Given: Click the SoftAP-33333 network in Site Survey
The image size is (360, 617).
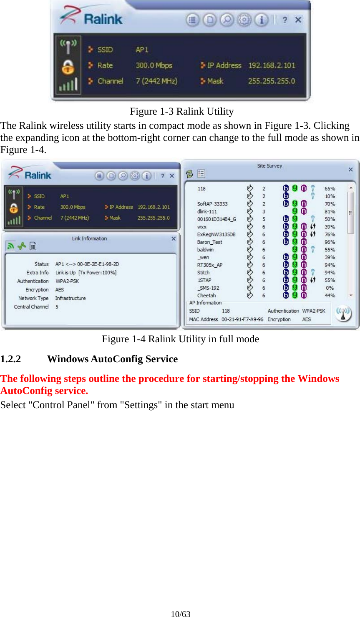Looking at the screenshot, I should coord(212,204).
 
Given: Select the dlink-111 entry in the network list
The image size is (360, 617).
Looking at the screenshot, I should coord(207,211).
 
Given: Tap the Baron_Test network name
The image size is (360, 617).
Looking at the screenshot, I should coord(209,242).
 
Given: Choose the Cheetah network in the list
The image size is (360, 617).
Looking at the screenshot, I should coord(206,296).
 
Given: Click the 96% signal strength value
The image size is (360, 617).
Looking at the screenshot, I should coord(330,242).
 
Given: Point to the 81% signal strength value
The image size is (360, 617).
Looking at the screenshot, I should coord(330,211).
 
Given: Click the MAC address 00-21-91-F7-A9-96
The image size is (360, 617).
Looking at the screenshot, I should coord(242,319).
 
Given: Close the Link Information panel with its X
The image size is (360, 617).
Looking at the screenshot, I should coord(174,239).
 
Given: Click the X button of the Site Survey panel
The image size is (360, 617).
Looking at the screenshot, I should coord(350,169).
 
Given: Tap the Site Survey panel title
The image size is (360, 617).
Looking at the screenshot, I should coord(269,166).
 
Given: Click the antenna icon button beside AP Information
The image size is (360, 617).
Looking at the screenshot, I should coord(343,314).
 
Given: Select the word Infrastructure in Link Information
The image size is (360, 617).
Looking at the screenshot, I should coord(70,298).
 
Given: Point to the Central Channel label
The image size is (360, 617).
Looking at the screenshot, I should coord(31,307).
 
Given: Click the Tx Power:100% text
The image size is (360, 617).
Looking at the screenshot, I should coord(98,273).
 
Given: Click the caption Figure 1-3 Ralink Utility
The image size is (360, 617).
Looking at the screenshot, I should coord(181,111).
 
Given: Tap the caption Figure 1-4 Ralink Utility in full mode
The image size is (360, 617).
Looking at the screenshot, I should coord(180,339).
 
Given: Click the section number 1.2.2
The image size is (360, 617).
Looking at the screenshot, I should coord(10,359).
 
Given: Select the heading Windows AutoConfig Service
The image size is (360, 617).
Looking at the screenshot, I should coord(112,359).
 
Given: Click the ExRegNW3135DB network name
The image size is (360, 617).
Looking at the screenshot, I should coord(216,234).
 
